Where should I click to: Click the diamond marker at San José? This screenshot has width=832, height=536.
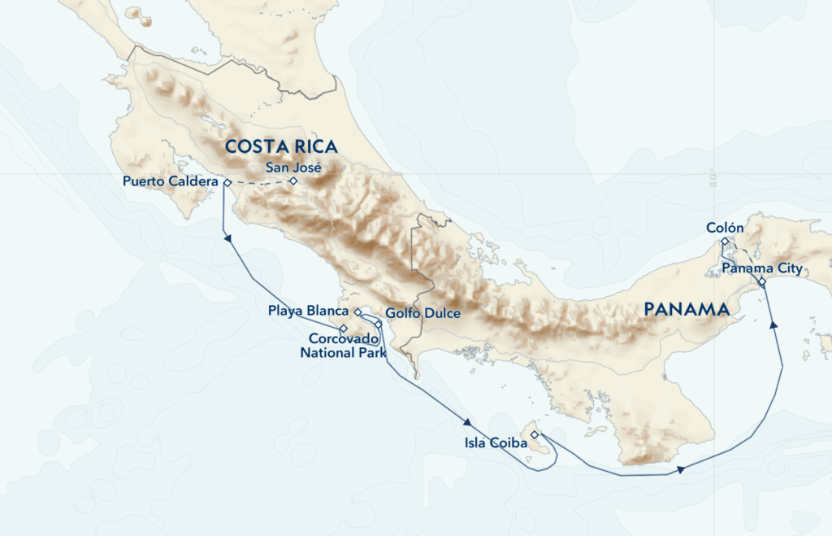click(293, 181)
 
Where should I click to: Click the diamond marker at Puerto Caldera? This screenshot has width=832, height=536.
click(227, 182)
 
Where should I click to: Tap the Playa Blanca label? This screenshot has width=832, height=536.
click(309, 312)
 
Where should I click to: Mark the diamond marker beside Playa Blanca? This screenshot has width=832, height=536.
click(357, 312)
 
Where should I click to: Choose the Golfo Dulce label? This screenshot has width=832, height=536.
click(423, 313)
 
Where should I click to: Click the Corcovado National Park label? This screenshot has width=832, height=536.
click(339, 346)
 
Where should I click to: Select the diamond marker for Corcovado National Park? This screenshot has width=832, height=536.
click(343, 329)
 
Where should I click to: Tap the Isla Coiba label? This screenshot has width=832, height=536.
click(496, 443)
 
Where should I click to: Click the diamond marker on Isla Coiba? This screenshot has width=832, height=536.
click(534, 435)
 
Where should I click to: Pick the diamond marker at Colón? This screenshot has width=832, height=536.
click(725, 242)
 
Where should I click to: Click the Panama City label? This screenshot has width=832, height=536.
click(762, 268)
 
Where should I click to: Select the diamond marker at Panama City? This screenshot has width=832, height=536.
click(762, 281)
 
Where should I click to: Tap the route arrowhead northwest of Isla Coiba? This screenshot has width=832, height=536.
click(468, 422)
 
